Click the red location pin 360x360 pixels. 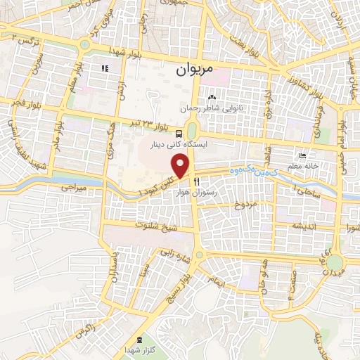coord(181,166)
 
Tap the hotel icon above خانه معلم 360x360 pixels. coord(302,155)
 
